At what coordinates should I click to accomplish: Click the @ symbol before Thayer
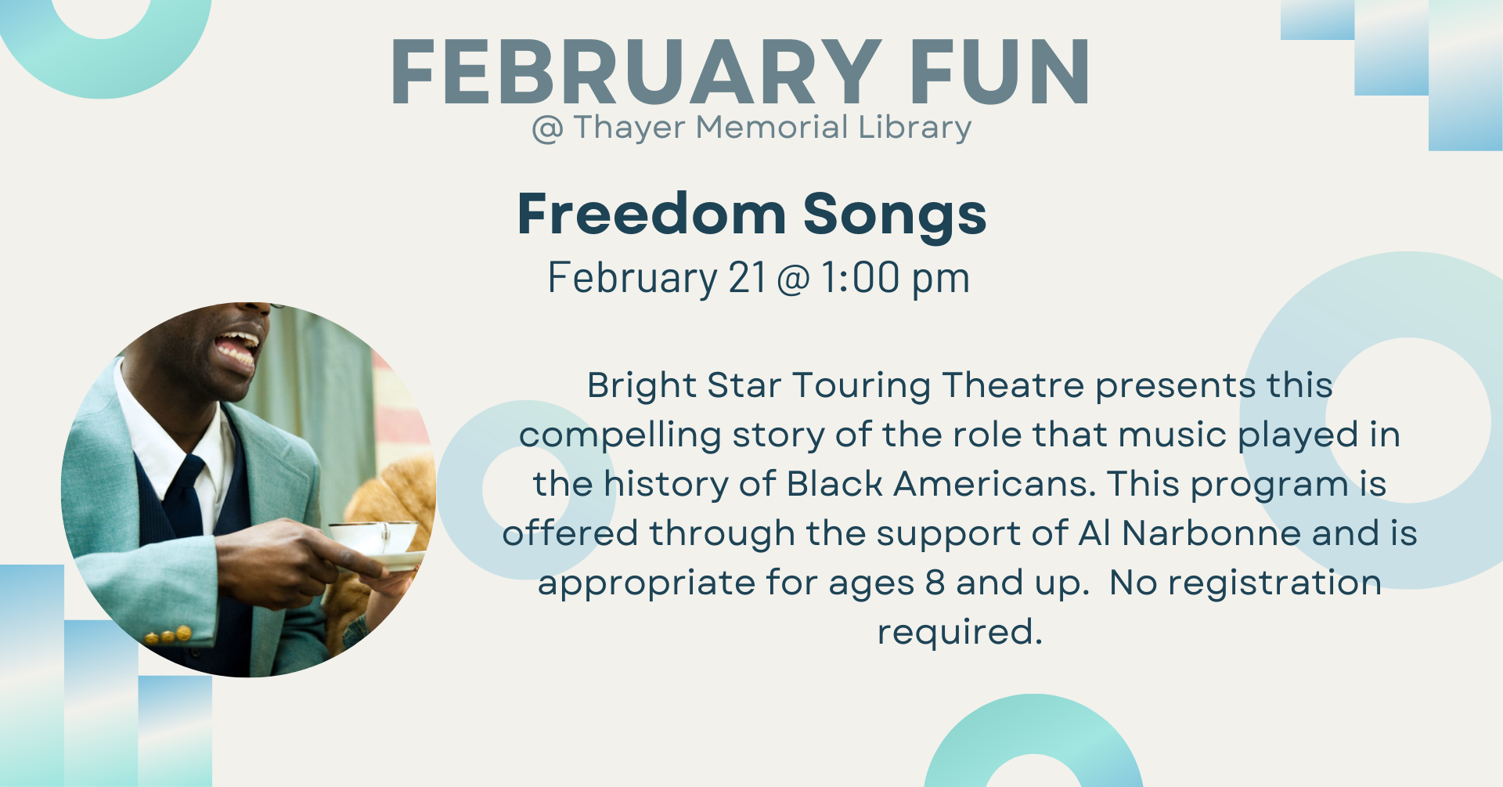[x=547, y=129]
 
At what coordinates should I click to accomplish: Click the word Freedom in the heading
[x=651, y=214]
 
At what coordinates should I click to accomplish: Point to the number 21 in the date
[x=747, y=278]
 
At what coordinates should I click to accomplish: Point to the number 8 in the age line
[x=935, y=583]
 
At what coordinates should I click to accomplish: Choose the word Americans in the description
[x=995, y=484]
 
